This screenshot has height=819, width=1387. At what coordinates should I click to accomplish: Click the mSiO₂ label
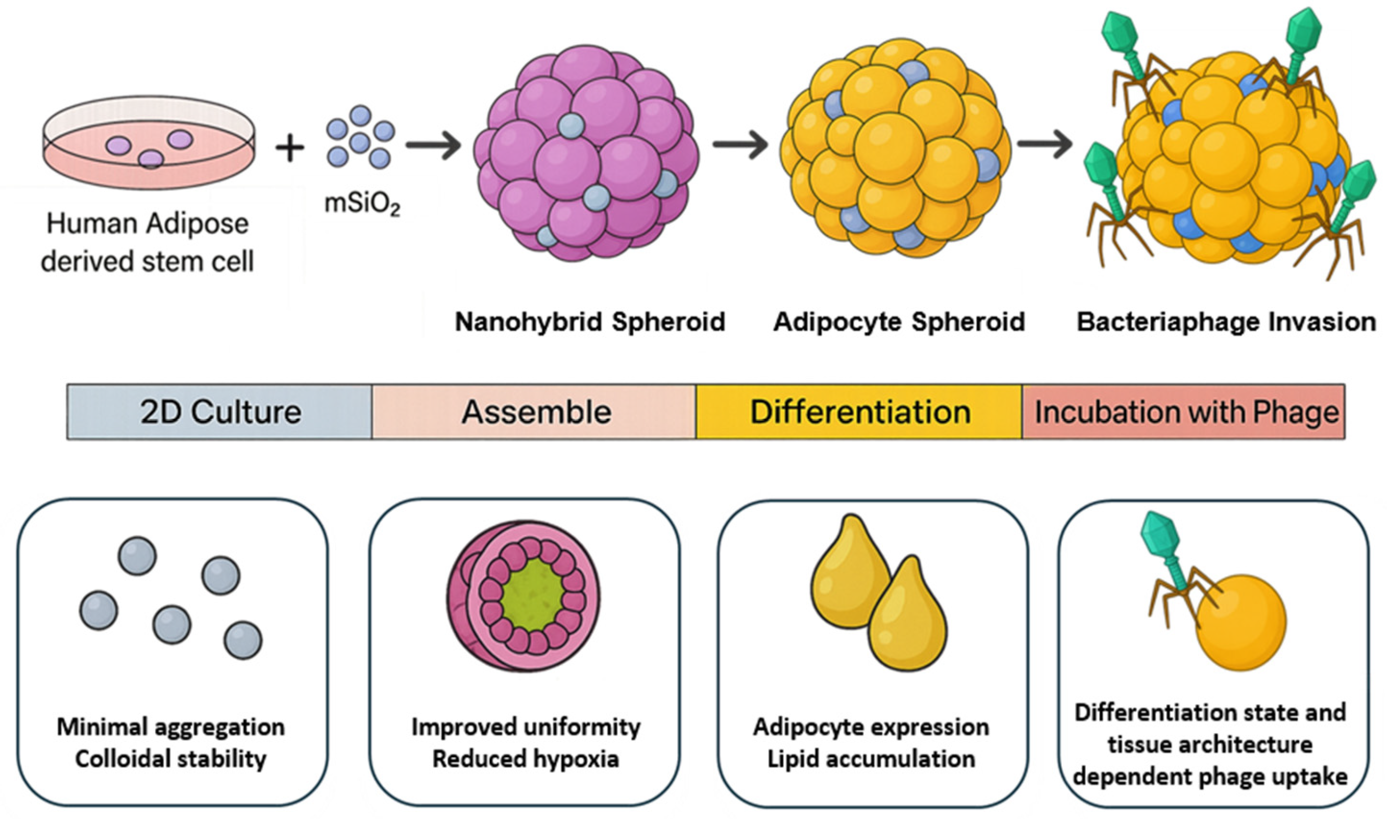[362, 204]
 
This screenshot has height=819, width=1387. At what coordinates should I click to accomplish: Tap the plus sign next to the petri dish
[290, 147]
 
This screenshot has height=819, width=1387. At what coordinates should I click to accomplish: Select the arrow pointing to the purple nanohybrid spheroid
[434, 146]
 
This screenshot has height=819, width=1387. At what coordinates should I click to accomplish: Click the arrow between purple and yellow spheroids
[740, 145]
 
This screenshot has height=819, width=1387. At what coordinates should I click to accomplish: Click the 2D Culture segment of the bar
[220, 412]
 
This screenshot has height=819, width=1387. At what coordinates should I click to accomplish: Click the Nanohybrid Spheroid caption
[589, 322]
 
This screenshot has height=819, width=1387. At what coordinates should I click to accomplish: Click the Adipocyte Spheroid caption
[898, 322]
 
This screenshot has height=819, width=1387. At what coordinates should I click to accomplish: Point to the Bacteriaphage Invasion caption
[1226, 322]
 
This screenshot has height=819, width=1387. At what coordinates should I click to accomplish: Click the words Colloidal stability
[171, 759]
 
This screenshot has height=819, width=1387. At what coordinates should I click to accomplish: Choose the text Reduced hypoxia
[525, 759]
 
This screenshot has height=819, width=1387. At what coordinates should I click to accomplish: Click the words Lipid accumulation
[871, 759]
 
